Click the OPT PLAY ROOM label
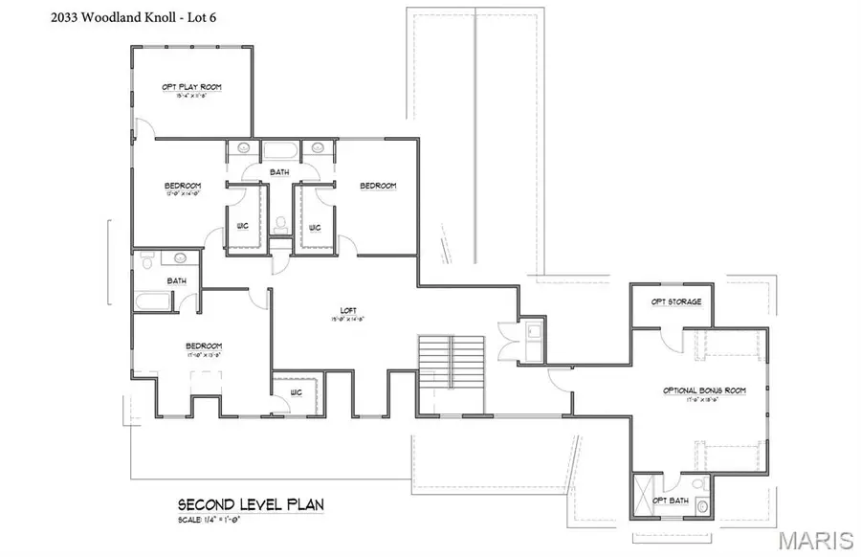pyautogui.click(x=191, y=87)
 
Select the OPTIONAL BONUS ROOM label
pyautogui.click(x=704, y=390)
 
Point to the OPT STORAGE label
pyautogui.click(x=676, y=302)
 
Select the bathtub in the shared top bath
pyautogui.click(x=279, y=150)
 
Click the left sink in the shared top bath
pyautogui.click(x=243, y=149)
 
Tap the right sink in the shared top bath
pyautogui.click(x=316, y=149)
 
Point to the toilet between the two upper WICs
pyautogui.click(x=279, y=224)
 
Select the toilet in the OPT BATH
pyautogui.click(x=701, y=504)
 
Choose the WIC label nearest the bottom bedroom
pyautogui.click(x=297, y=392)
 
